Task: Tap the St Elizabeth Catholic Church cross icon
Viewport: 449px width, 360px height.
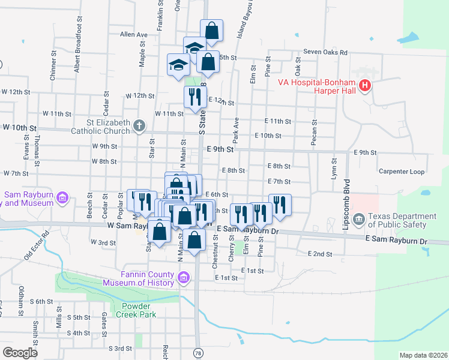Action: [139, 126]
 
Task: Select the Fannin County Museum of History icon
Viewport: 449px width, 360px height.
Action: [183, 277]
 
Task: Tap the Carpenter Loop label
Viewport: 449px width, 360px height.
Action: [402, 172]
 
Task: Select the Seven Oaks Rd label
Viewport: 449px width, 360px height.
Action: [325, 53]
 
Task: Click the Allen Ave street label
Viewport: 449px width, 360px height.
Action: [133, 35]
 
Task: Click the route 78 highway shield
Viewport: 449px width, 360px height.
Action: [197, 353]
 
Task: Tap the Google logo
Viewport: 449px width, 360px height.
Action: [20, 352]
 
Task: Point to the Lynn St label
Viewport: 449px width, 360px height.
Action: [334, 167]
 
